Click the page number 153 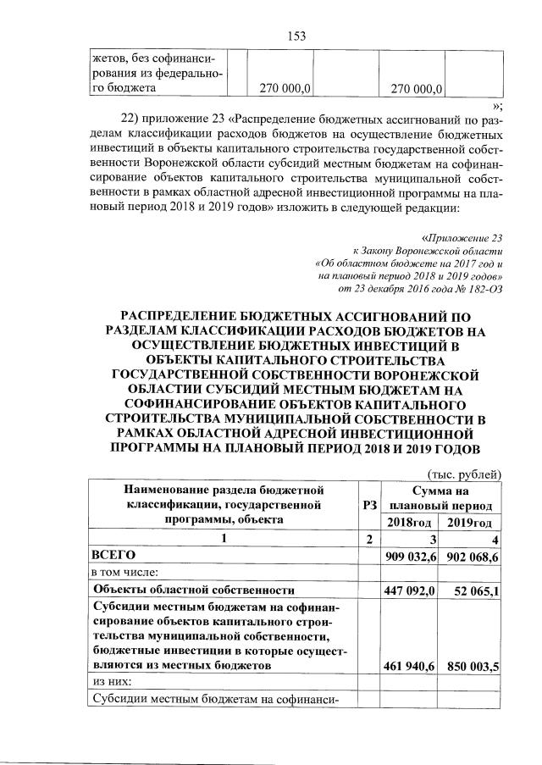click(296, 36)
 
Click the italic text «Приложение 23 click(462, 239)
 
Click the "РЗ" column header click(368, 505)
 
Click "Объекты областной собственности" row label click(193, 590)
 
